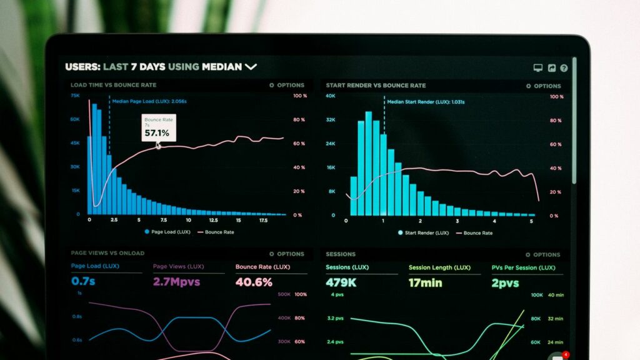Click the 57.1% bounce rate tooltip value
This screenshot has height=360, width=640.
pos(157,133)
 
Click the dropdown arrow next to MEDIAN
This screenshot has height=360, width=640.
pos(251,67)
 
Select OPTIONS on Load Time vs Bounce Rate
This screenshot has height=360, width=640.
pos(287,85)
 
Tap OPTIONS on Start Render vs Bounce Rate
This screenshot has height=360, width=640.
pos(543,86)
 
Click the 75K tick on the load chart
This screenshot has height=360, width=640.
pos(75,96)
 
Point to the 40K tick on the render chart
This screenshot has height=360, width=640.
pos(331,96)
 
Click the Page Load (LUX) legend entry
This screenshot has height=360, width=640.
pos(167,232)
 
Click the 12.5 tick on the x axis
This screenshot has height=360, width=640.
pos(213,221)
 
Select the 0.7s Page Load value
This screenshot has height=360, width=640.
pos(83,281)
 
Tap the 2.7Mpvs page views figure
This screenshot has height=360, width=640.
pos(176,282)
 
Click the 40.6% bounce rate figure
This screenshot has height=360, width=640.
pos(254,282)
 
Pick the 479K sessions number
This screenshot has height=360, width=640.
pos(341,282)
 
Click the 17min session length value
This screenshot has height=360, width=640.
pos(425,282)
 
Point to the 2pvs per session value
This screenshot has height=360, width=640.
pos(505,283)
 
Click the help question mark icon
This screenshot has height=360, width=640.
pos(564,68)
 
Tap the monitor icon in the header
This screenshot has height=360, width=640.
pos(537,68)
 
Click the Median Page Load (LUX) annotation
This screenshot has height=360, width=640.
pos(149,101)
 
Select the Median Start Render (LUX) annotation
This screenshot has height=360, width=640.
pos(425,102)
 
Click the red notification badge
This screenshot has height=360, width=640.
pos(566,354)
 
